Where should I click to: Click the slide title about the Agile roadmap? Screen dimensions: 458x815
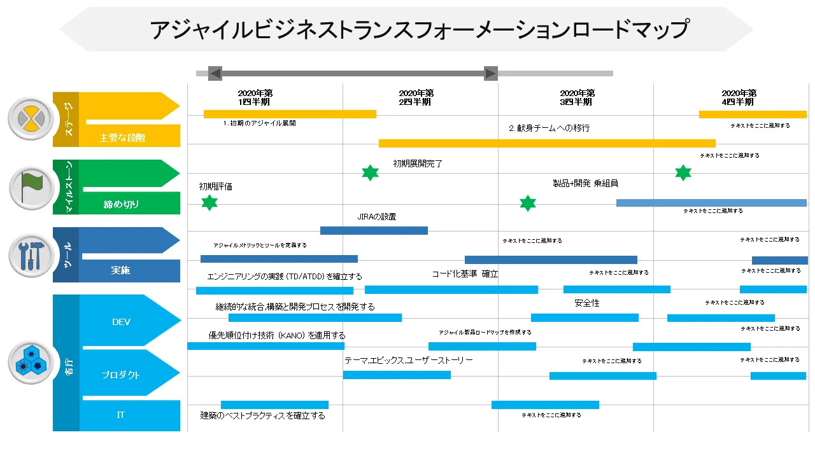coord(420,29)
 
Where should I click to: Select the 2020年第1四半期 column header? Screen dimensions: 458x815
coord(255,97)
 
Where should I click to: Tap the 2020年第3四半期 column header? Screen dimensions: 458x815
coord(578,97)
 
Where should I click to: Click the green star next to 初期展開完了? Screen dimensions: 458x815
coord(370,172)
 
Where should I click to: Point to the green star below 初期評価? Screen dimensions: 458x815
coord(209,203)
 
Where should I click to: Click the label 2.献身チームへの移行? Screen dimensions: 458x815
coord(549,128)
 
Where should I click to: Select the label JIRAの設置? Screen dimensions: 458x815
coord(376,217)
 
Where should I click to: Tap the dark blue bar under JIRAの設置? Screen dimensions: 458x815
coord(374,230)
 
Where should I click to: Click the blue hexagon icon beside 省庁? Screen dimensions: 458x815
coord(30,363)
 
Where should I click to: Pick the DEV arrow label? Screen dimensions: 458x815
coord(121,322)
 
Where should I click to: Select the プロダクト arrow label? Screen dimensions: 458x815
coord(121,375)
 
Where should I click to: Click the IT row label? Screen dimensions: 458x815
coord(121,415)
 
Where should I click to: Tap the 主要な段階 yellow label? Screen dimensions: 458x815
coord(122,137)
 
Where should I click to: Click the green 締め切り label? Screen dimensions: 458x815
coord(121,204)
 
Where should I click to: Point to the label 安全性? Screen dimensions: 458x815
coord(586,303)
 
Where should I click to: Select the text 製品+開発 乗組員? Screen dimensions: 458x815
coord(585,183)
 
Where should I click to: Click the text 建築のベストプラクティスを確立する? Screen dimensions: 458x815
coord(262,416)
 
